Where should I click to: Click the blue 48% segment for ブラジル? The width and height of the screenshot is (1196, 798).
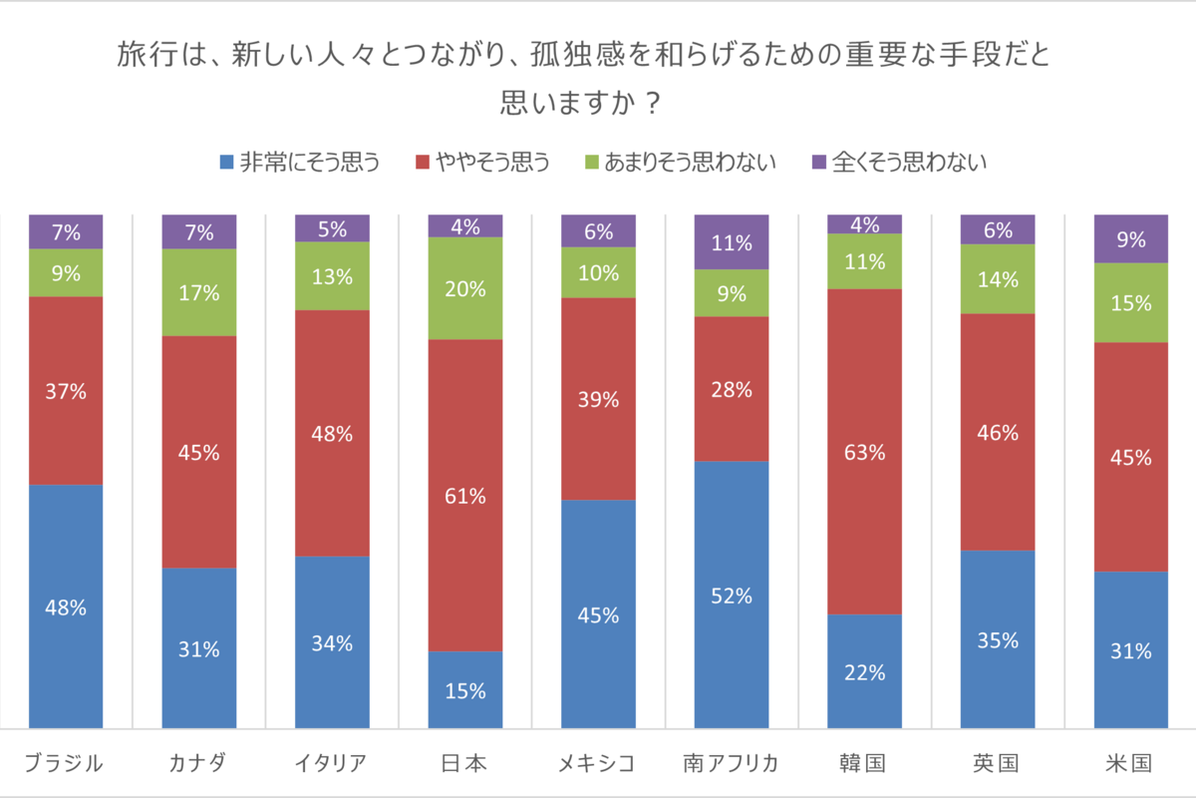(x=66, y=606)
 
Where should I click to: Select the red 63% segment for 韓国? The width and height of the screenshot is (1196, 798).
(x=864, y=452)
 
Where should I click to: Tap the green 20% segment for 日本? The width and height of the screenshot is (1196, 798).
(x=465, y=288)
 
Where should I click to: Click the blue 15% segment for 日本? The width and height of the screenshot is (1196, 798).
(x=465, y=690)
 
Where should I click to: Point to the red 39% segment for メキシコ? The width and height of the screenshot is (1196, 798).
(x=598, y=399)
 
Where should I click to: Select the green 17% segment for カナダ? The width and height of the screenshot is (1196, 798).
(x=199, y=292)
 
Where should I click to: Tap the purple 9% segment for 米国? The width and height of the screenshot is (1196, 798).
(x=1130, y=239)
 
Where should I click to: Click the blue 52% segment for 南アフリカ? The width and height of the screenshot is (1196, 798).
(x=732, y=596)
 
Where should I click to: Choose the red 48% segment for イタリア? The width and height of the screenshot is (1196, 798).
(x=332, y=433)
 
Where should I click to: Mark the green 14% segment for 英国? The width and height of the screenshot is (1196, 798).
(x=998, y=279)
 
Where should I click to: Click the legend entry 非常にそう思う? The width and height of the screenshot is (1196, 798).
(x=299, y=162)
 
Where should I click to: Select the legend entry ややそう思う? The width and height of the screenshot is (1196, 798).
(x=482, y=162)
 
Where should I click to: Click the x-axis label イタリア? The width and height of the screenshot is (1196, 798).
(x=332, y=763)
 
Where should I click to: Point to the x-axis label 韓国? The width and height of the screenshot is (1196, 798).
(x=864, y=763)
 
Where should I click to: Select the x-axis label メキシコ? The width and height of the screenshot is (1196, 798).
(x=598, y=763)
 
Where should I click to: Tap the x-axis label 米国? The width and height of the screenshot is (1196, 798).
(x=1130, y=763)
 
